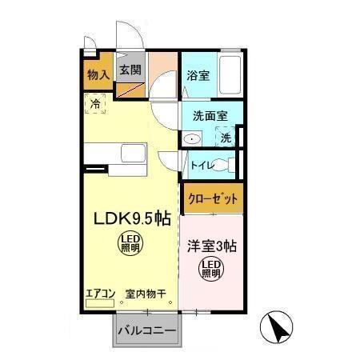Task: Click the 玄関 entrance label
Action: click(x=130, y=70)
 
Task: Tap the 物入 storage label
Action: click(x=98, y=76)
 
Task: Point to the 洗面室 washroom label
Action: click(x=210, y=115)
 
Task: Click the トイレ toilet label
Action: click(x=200, y=165)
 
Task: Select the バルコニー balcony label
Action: click(x=147, y=330)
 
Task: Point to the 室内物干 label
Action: click(x=145, y=294)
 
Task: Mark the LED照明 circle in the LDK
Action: click(x=129, y=242)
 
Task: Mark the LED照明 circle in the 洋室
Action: click(x=210, y=270)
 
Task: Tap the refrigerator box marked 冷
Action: click(x=95, y=104)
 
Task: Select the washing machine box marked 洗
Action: click(x=226, y=138)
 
